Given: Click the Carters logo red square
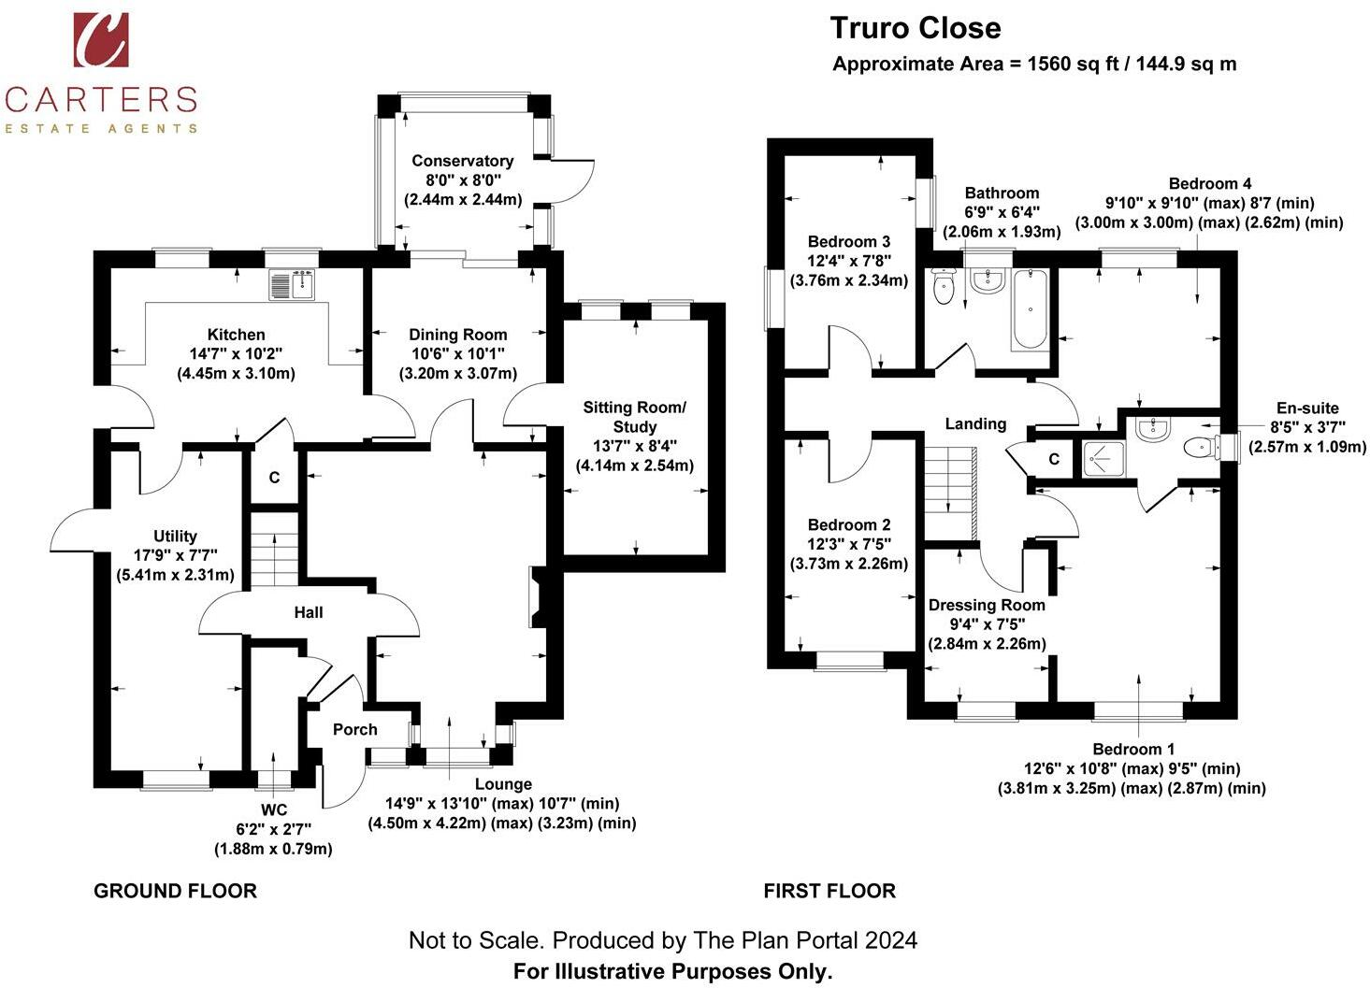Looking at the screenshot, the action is (101, 40).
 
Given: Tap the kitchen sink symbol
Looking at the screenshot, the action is (293, 285).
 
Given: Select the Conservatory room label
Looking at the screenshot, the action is (462, 161).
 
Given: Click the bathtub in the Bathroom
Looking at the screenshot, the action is (1031, 310).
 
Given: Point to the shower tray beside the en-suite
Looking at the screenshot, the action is (1103, 459).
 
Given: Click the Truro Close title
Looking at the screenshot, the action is (916, 28).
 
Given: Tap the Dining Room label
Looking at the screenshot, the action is (458, 335).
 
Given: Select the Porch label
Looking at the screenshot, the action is (354, 729).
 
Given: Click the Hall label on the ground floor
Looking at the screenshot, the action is (309, 612).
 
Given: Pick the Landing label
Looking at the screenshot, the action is (975, 423).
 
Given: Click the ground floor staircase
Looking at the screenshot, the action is (274, 559).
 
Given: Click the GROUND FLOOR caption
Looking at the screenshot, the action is (176, 891).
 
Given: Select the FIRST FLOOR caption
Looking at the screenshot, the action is (830, 891).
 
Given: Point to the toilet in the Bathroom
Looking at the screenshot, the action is (944, 286).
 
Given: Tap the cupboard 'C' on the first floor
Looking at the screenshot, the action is (1054, 459).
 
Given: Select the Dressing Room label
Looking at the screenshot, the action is (987, 605).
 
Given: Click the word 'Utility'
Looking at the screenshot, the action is (175, 537).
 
